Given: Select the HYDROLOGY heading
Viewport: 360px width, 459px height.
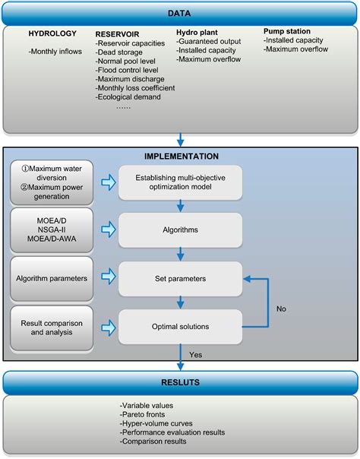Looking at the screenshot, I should tap(52, 34).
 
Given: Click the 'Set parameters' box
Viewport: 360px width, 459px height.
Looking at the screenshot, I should tap(179, 277).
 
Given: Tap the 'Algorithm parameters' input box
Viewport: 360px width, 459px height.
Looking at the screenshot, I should tap(52, 277).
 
